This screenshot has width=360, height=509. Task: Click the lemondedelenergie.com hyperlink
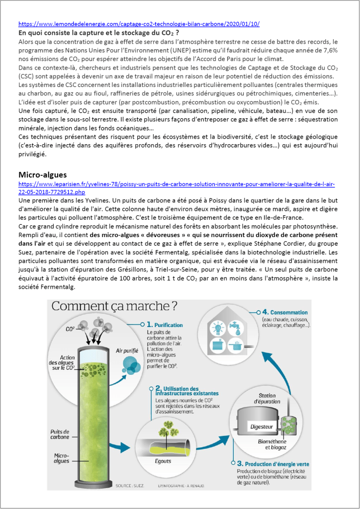139,24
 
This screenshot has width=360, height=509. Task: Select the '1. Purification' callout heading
165,325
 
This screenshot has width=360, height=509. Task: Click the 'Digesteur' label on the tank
261,426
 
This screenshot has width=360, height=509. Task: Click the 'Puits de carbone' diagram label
60,434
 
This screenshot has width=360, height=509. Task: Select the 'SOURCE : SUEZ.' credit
130,486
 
